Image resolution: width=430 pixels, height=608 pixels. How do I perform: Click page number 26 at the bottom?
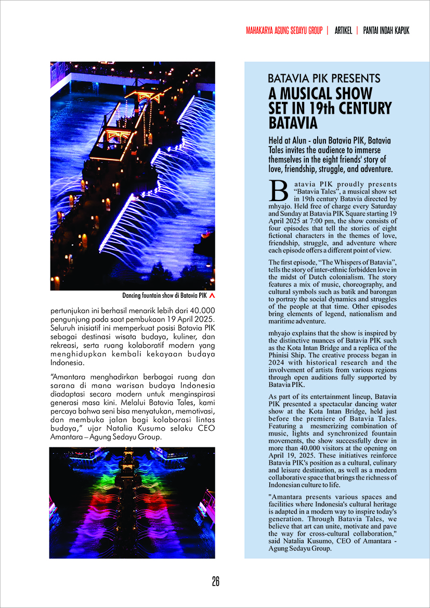point(215,581)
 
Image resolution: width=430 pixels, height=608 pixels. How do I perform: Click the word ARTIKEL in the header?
point(342,31)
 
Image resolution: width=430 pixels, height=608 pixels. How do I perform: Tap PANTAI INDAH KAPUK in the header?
point(386,31)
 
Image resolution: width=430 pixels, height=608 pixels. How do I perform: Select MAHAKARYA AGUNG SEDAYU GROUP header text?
point(284,31)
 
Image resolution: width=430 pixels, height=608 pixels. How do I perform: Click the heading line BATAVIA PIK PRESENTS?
point(324,79)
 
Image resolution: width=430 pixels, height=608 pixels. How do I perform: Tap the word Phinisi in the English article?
point(280,363)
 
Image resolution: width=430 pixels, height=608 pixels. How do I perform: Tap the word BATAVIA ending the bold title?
point(293,123)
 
